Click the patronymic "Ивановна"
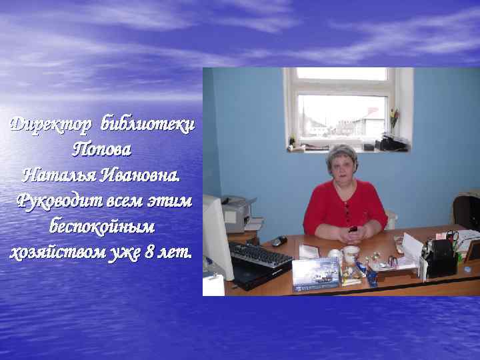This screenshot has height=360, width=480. (x=140, y=176)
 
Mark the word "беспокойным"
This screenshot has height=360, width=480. (x=101, y=227)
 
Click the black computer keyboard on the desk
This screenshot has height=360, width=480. (x=260, y=253)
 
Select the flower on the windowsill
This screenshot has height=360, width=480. (x=394, y=116)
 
